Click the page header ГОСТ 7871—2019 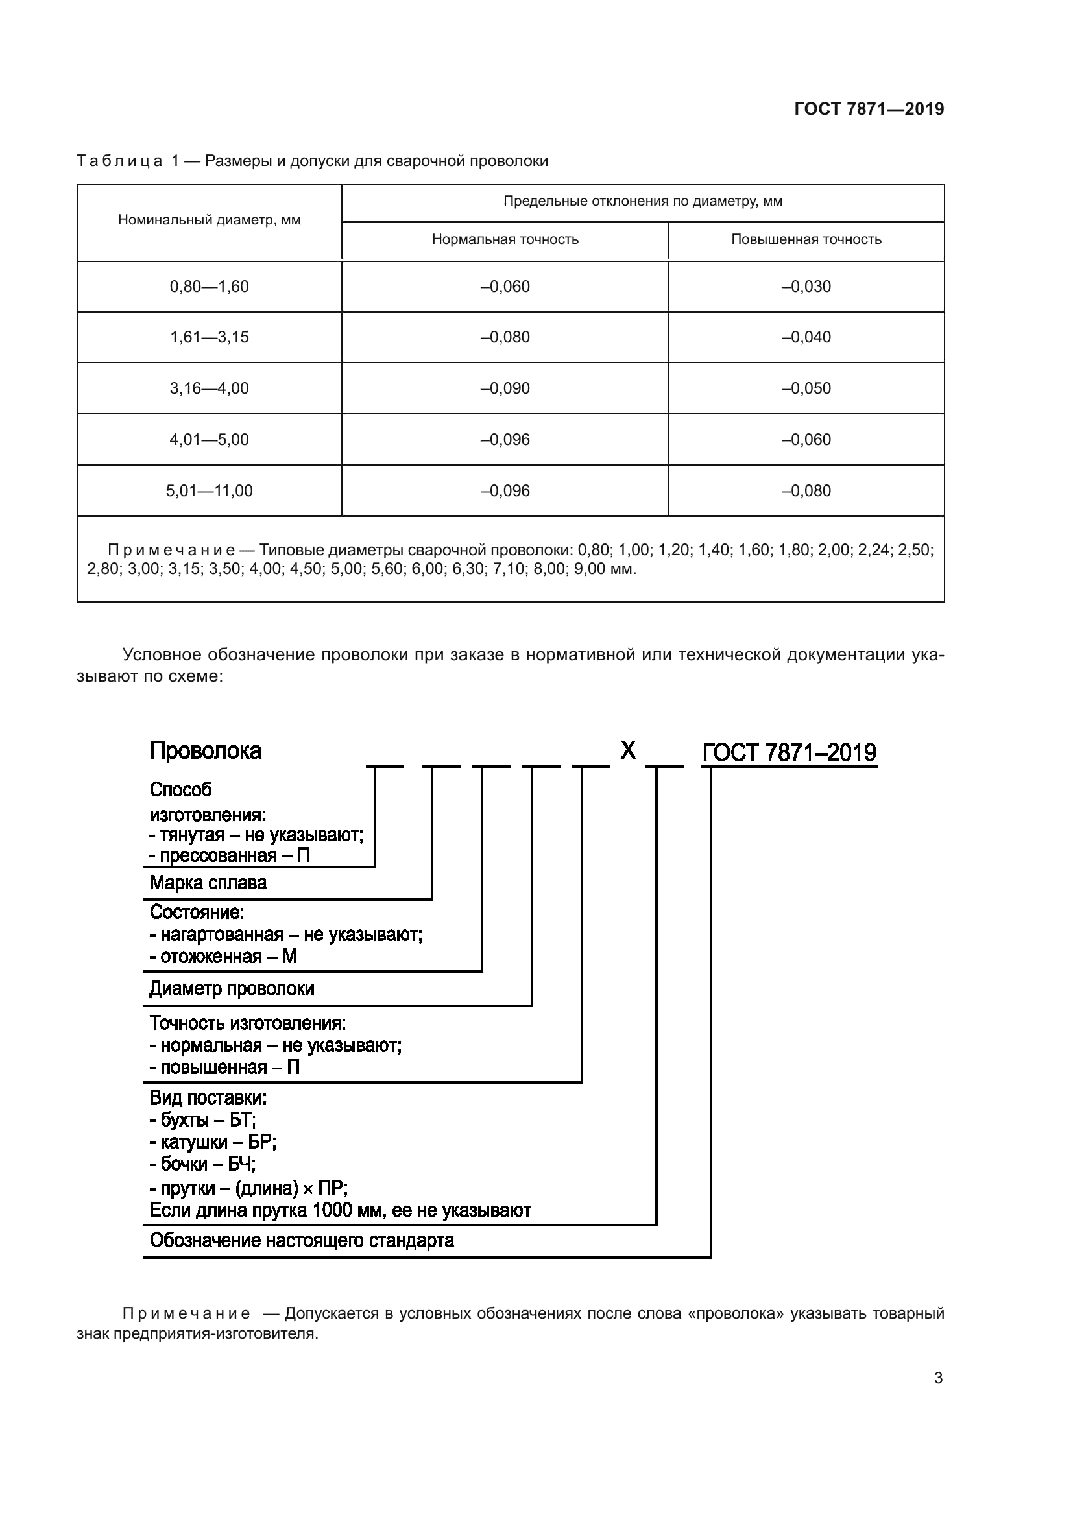click(869, 109)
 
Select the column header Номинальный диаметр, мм click(209, 220)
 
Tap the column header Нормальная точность click(505, 239)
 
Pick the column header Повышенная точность click(806, 239)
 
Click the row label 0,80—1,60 click(209, 287)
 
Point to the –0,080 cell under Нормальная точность click(505, 337)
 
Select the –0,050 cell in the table click(806, 388)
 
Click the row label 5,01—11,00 click(209, 491)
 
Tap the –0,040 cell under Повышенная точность click(806, 337)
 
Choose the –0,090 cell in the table click(505, 388)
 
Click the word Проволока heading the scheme click(206, 751)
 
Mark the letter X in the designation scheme click(628, 750)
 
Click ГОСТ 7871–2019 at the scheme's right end click(789, 752)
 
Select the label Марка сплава click(208, 883)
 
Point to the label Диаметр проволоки click(231, 988)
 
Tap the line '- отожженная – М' click(223, 956)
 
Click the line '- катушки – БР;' click(213, 1141)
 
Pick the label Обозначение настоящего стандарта click(301, 1240)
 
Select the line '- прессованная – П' click(228, 855)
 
